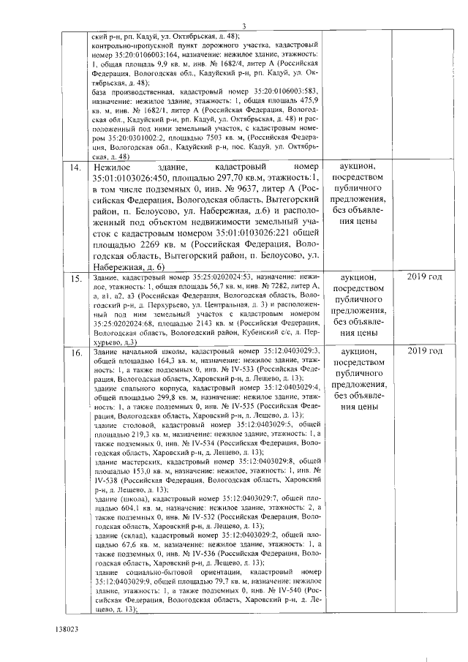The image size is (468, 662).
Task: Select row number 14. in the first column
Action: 75,169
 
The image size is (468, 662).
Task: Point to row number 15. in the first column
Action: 75,279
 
